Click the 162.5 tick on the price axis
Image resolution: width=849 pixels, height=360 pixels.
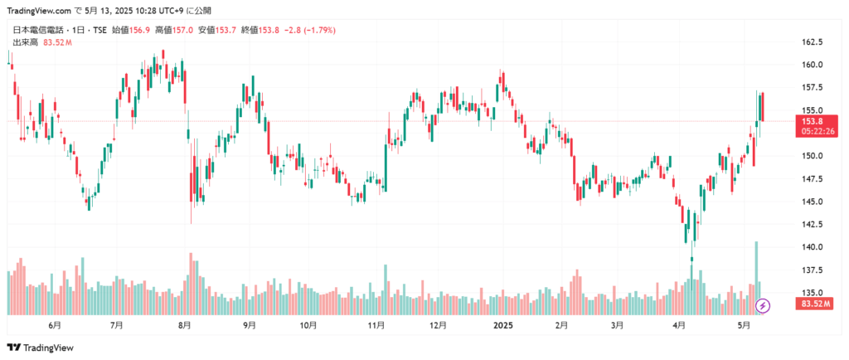point(811,42)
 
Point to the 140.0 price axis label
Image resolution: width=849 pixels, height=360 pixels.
point(811,247)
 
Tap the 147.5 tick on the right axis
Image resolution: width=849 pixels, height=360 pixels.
point(811,179)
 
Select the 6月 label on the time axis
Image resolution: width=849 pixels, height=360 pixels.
point(56,326)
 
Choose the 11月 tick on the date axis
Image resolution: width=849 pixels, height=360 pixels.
point(376,326)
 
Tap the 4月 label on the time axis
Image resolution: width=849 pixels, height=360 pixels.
point(680,326)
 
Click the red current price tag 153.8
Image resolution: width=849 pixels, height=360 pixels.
point(812,121)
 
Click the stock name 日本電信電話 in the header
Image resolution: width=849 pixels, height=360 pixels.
point(39,31)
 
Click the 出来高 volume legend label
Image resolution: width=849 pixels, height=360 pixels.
point(25,42)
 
